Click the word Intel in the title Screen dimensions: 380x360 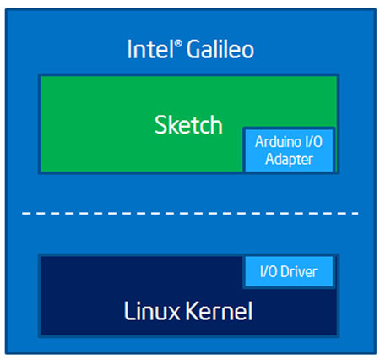tap(150, 49)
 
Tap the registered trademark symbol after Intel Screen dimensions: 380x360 tap(178, 44)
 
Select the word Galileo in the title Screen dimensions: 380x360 tap(220, 49)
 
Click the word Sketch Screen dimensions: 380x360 tap(188, 124)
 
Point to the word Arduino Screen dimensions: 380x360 tap(277, 141)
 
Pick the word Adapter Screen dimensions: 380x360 tap(289, 160)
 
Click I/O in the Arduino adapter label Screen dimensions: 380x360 tap(313, 141)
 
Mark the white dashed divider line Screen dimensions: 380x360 tap(190, 214)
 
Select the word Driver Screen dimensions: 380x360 tap(299, 272)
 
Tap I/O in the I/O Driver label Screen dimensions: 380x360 tap(269, 272)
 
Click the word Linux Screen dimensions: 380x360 tap(152, 311)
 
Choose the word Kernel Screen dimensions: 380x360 tap(219, 311)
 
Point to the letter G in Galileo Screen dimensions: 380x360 tap(194, 49)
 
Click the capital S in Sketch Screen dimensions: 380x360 tap(161, 125)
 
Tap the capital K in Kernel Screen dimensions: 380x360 tap(193, 311)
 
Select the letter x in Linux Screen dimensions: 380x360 tap(172, 314)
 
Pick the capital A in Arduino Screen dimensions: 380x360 tap(260, 142)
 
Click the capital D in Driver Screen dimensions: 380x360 tap(285, 272)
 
